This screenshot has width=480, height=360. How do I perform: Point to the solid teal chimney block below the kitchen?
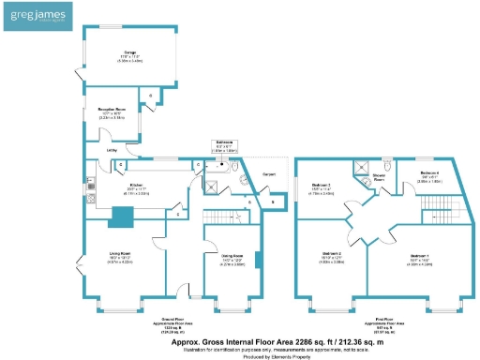click(121, 217)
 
